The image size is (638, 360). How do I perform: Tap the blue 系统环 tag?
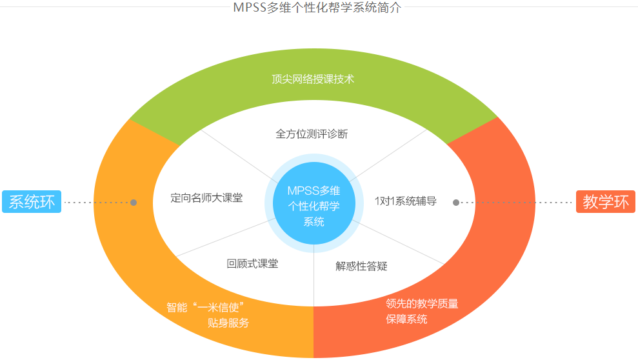point(32,202)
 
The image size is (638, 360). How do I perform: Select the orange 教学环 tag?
point(605,202)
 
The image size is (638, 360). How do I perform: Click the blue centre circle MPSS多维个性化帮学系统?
point(314,205)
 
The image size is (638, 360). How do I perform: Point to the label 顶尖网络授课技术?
point(313,79)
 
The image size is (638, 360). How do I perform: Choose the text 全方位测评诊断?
point(312,134)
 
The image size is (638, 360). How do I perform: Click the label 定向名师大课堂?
point(207,198)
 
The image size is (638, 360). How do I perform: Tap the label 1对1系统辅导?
point(406,201)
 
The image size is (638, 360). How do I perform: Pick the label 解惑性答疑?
point(361,266)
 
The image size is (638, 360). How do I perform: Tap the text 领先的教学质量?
point(422,304)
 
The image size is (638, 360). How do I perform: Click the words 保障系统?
point(406,319)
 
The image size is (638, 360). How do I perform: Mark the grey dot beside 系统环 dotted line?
point(134,203)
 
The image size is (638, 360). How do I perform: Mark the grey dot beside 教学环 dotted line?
point(456,203)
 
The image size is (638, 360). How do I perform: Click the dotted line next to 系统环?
point(97,203)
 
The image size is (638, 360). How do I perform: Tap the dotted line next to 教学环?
point(516,203)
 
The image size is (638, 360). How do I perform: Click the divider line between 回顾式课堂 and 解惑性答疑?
point(314,277)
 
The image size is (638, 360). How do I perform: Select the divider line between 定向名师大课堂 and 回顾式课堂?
point(219,239)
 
